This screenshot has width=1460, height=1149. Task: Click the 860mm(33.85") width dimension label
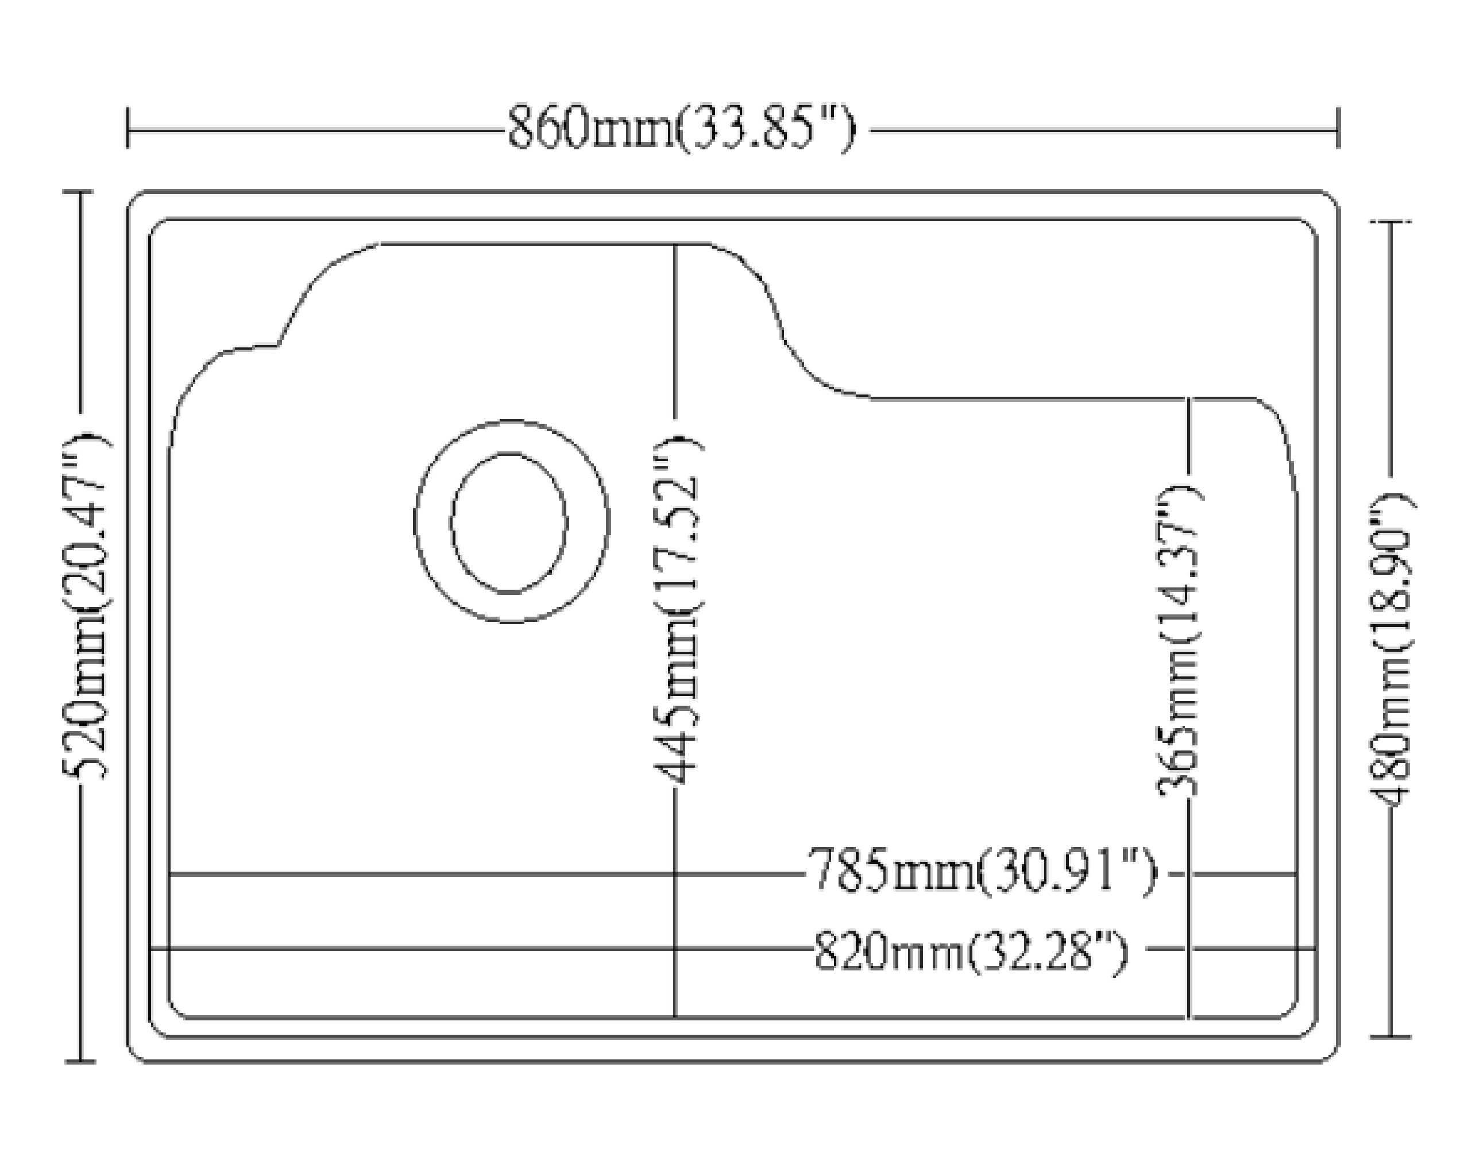[x=681, y=128]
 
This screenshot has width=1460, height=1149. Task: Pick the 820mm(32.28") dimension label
[x=970, y=950]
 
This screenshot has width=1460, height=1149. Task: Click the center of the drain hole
[x=509, y=523]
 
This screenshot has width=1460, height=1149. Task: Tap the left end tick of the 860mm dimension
[x=128, y=128]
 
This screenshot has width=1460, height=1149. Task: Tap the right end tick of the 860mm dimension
[x=1338, y=128]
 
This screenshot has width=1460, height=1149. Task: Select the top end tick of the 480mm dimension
[x=1391, y=222]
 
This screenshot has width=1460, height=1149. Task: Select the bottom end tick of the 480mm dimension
[x=1391, y=1036]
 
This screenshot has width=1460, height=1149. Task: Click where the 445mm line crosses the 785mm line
[x=675, y=874]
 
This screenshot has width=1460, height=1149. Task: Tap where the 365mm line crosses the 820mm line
[x=1189, y=949]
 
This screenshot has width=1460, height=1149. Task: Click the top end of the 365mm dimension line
[x=1189, y=400]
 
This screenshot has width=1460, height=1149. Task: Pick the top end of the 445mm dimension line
[x=675, y=246]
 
